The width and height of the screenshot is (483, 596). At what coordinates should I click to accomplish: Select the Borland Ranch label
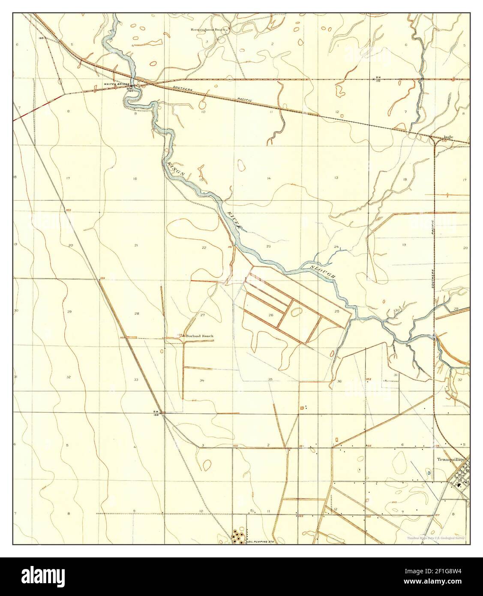click(x=199, y=336)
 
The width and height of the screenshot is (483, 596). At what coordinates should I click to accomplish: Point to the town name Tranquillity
click(x=450, y=458)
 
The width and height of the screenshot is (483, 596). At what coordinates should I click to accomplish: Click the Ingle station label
click(x=448, y=138)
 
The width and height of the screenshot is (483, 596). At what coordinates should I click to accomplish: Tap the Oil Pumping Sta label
click(x=261, y=542)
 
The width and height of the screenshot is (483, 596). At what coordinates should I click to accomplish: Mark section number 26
click(x=271, y=315)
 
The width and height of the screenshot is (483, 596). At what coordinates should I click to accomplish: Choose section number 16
click(x=135, y=178)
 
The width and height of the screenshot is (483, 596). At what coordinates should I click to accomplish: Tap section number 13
click(x=336, y=178)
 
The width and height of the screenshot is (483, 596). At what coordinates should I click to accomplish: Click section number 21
click(x=136, y=245)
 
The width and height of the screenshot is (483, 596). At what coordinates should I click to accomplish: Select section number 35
click(x=270, y=379)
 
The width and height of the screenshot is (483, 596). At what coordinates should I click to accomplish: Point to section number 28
click(x=136, y=313)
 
